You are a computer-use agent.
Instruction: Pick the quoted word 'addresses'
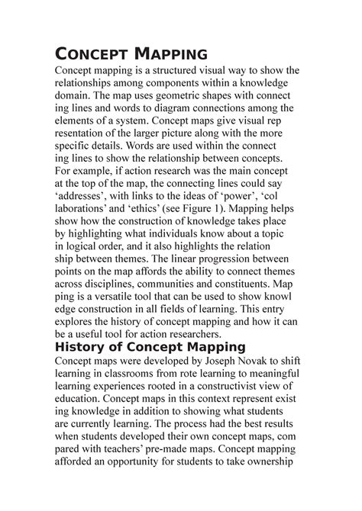click(x=84, y=194)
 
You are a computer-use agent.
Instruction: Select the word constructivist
click(x=231, y=394)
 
